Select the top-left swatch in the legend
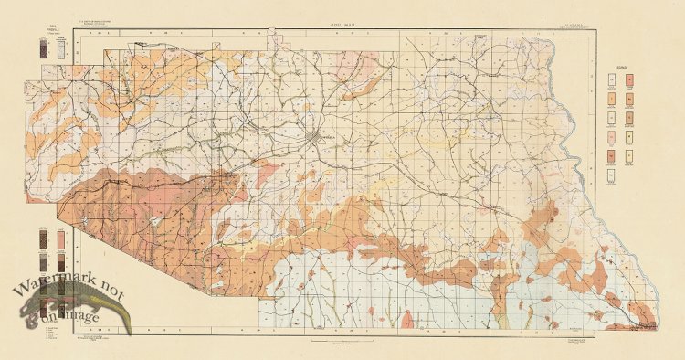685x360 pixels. [612, 80]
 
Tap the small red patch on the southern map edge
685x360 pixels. [407, 319]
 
